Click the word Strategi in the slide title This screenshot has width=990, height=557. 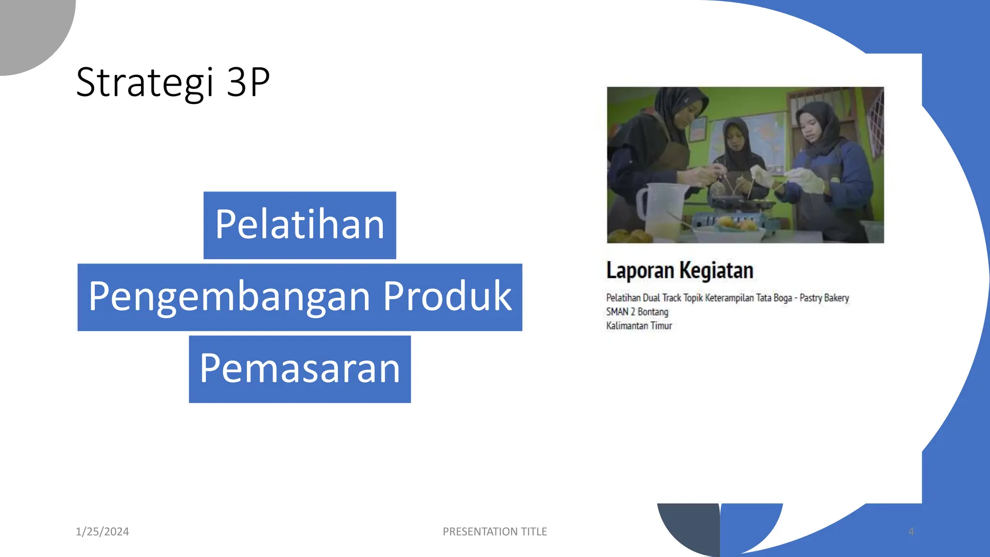145,83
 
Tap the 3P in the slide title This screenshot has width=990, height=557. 248,83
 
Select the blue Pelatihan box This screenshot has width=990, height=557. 300,225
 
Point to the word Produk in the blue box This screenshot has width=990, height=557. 447,296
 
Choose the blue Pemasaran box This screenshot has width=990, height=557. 300,369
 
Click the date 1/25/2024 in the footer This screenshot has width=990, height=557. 102,531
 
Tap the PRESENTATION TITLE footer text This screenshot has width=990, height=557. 495,531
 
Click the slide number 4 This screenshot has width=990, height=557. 911,531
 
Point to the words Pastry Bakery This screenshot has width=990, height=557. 824,298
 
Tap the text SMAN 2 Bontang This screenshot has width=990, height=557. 637,312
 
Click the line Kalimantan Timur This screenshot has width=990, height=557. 639,326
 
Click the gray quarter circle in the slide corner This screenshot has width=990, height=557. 29,29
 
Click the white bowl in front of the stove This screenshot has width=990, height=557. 730,233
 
